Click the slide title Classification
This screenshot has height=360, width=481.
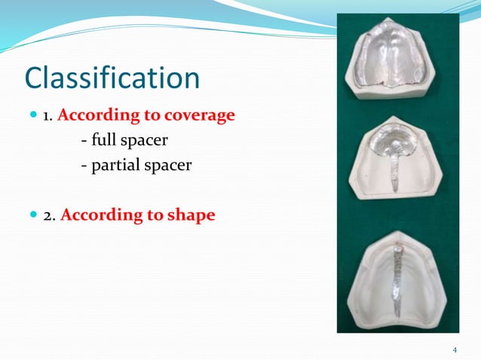pyautogui.click(x=112, y=78)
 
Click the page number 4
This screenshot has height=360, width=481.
pyautogui.click(x=455, y=349)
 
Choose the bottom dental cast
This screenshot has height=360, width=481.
pyautogui.click(x=397, y=282)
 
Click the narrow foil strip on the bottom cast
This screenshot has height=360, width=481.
pyautogui.click(x=399, y=282)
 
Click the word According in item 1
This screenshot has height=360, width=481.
pyautogui.click(x=95, y=116)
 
